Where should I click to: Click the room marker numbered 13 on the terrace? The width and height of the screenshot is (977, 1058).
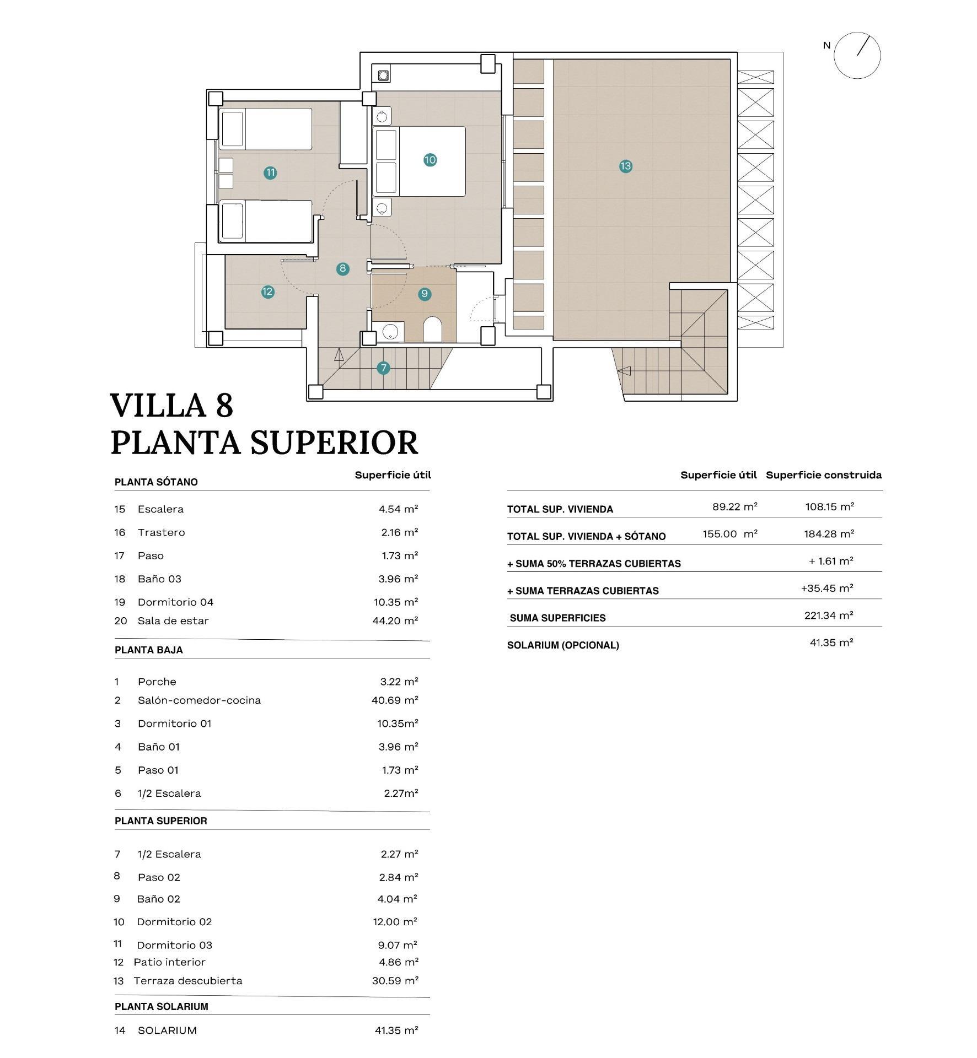(x=625, y=166)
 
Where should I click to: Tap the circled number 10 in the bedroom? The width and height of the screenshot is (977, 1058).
(x=430, y=160)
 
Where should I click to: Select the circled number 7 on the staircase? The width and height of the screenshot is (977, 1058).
(x=383, y=368)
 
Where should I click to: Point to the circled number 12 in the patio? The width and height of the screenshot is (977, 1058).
(x=267, y=292)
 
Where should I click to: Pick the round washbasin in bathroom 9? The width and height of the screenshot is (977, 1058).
(x=390, y=332)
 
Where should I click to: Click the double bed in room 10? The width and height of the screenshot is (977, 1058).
(x=419, y=161)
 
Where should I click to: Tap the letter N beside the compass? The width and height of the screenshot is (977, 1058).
(x=826, y=46)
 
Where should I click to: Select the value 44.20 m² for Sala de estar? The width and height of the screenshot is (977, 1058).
(x=395, y=620)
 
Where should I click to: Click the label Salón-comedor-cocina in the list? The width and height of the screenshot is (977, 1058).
(x=199, y=700)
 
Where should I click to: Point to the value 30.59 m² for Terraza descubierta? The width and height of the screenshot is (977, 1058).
(x=395, y=980)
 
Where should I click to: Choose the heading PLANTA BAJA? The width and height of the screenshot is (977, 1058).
(x=148, y=650)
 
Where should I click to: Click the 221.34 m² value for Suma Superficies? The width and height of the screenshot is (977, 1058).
(x=828, y=615)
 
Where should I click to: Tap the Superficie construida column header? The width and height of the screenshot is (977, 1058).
(x=823, y=475)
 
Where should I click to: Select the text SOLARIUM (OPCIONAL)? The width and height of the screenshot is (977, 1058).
(x=562, y=645)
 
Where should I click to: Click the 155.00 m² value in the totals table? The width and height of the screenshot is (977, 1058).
(x=729, y=533)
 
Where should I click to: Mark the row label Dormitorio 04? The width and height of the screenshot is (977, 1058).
(x=175, y=602)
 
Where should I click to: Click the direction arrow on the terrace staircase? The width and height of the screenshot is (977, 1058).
(x=624, y=371)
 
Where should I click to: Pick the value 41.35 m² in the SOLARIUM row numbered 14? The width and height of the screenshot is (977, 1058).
(x=396, y=1030)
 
